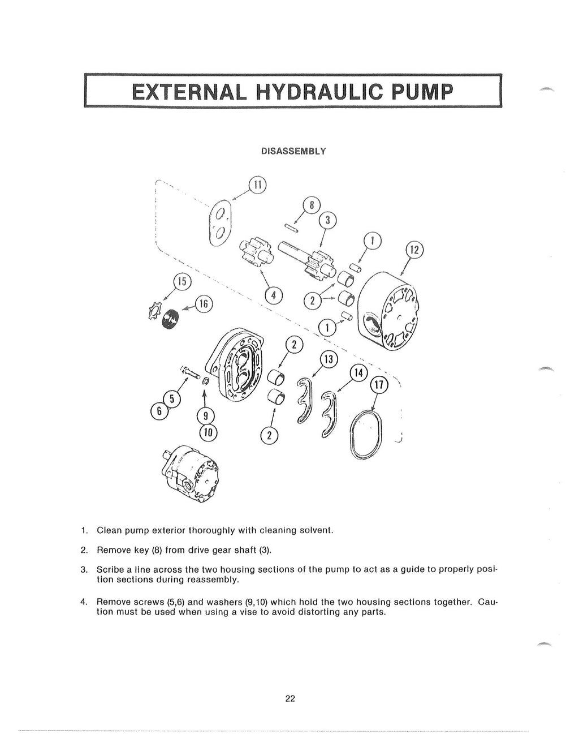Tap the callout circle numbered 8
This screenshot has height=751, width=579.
[312, 205]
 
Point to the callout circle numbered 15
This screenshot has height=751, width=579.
[182, 282]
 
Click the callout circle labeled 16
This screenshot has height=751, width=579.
[204, 304]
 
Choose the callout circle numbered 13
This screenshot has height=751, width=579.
[329, 359]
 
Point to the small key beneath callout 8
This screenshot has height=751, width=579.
[293, 228]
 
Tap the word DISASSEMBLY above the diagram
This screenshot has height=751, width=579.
[292, 152]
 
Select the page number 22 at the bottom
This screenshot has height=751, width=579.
[289, 698]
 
